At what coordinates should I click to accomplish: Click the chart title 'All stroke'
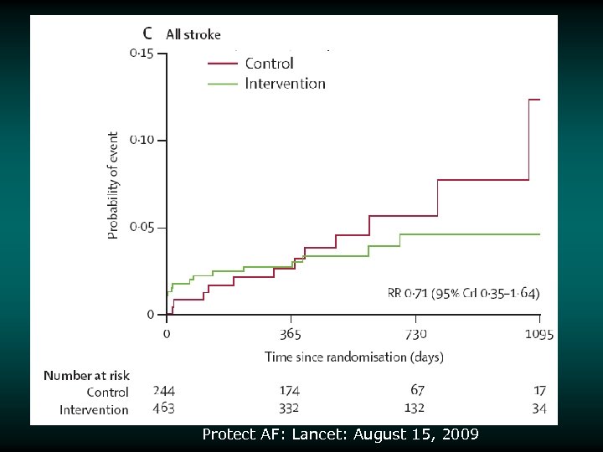point(193,34)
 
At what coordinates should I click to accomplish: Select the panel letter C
point(147,33)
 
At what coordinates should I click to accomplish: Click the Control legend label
point(269,64)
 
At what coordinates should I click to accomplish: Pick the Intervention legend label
point(285,83)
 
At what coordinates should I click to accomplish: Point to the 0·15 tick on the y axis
point(141,54)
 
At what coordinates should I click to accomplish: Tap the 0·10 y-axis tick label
point(141,140)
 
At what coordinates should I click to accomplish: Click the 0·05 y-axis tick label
point(141,227)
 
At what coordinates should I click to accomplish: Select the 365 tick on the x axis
point(291,334)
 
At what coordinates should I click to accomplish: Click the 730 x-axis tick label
point(415,334)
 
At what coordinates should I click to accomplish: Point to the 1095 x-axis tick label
point(539,334)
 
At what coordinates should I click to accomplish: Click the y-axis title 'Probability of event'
point(114,185)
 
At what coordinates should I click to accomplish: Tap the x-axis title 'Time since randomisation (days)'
point(354,357)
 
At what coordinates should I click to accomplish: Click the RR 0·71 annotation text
point(463,293)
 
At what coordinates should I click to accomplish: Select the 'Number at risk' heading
point(86,376)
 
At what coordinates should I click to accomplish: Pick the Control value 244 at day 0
point(164,390)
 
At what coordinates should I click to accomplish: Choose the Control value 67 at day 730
point(418,390)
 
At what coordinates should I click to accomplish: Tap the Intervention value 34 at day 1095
point(539,408)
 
